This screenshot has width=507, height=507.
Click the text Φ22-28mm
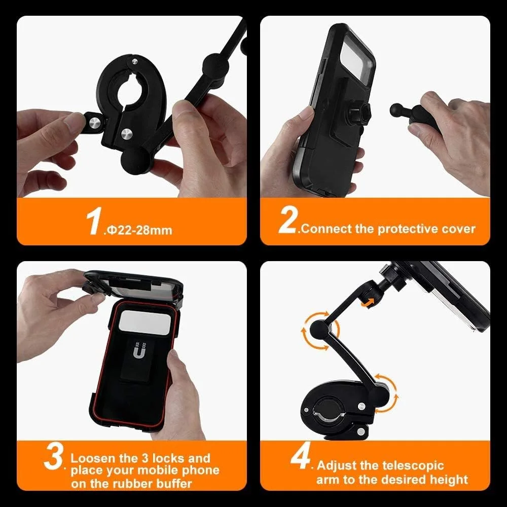138,230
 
